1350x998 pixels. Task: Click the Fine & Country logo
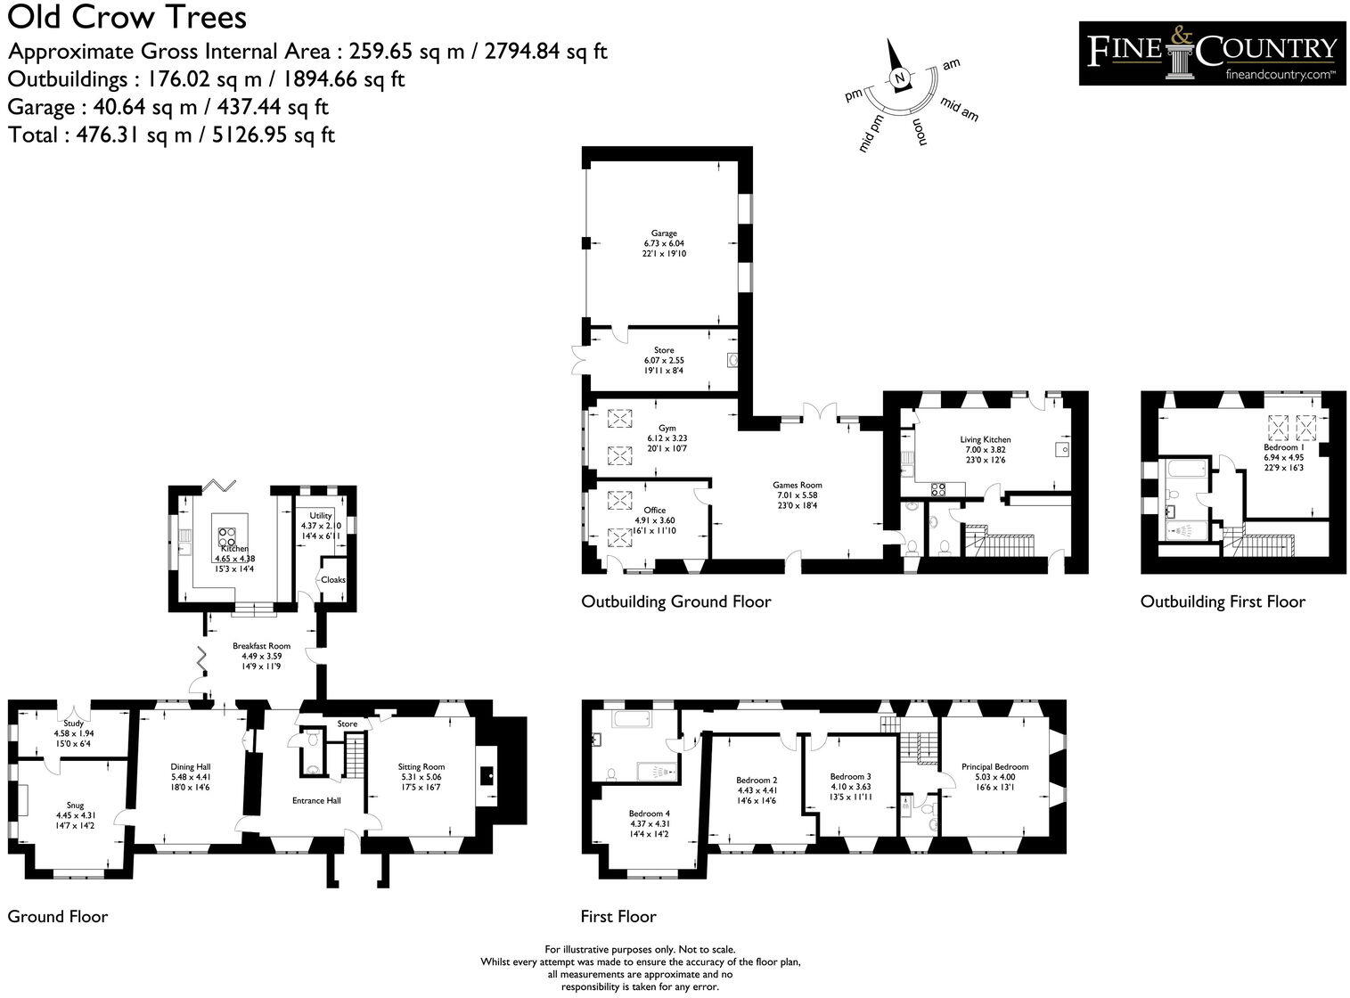[1211, 53]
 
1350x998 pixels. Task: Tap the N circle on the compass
[900, 78]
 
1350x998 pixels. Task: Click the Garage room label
[664, 233]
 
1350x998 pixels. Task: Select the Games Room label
[798, 486]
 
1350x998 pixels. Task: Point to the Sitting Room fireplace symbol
[487, 776]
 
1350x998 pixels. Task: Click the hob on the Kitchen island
[227, 537]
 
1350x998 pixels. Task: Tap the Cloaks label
[333, 580]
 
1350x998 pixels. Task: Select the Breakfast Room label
[262, 646]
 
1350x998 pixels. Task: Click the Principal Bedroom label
[994, 766]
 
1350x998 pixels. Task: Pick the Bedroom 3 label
[850, 776]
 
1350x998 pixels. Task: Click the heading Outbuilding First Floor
[1223, 601]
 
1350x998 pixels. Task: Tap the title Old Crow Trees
[127, 17]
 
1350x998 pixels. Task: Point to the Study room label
[74, 724]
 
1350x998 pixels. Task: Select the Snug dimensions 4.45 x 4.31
[76, 815]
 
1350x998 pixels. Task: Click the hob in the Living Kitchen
[938, 489]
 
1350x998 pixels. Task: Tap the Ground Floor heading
[58, 916]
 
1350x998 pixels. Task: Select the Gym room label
[667, 428]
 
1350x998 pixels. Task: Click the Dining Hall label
[191, 766]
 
